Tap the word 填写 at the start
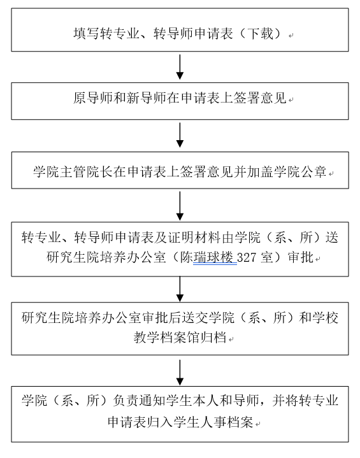(87, 34)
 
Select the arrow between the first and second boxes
(180, 67)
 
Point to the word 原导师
(93, 97)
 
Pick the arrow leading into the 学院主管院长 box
(180, 135)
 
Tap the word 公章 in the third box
(313, 171)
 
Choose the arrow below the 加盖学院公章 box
(180, 206)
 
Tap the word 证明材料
(194, 237)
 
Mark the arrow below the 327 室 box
(180, 289)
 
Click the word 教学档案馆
(166, 338)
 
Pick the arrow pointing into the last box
(180, 373)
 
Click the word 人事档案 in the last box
(226, 422)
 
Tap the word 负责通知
(140, 400)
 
